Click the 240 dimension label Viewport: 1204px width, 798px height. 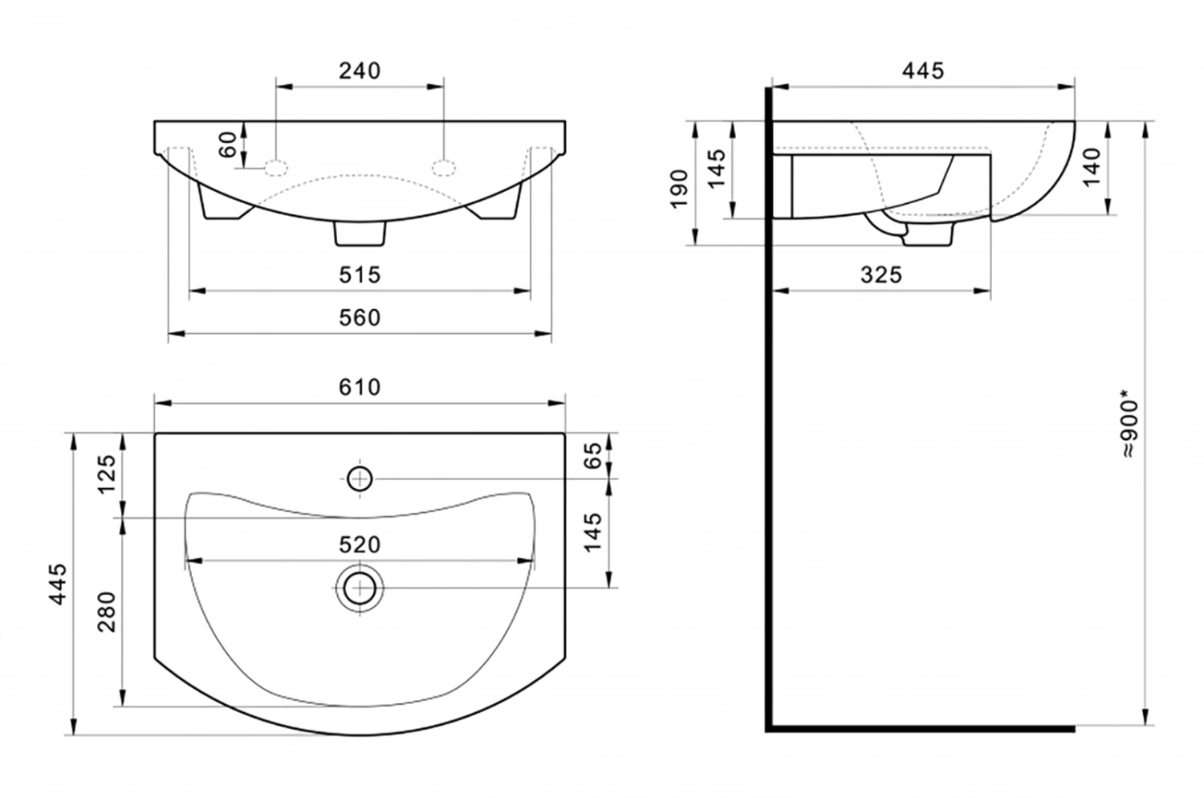pos(360,71)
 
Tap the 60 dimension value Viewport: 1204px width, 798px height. pos(229,145)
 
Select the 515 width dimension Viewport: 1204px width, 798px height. pos(360,275)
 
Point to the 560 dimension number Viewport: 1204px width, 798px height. pos(360,318)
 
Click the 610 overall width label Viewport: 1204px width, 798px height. pos(360,387)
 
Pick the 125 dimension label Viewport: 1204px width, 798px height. pos(107,474)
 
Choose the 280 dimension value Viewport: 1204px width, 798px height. pos(107,612)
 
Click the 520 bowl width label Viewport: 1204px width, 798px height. pos(360,545)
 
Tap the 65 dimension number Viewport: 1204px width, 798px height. pos(593,455)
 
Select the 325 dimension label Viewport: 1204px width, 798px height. pos(881,275)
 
